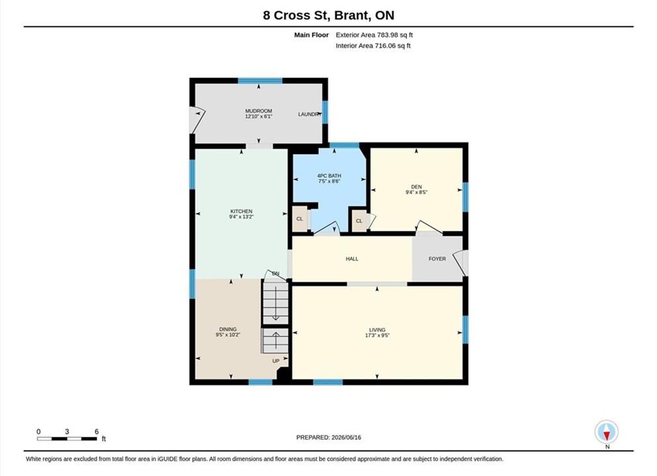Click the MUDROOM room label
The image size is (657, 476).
point(259,111)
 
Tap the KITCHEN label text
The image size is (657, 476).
point(241,212)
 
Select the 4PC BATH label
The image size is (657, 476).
point(329,176)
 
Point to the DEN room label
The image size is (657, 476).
point(416,186)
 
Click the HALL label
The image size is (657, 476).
point(352,258)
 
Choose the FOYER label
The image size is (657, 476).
point(437,258)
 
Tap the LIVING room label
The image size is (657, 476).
point(377,330)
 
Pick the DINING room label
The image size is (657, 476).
point(228,329)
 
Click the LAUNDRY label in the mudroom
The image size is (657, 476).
point(310,114)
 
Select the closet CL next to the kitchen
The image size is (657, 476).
point(300,219)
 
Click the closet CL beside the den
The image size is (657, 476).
point(359,221)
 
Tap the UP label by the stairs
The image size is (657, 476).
point(276,361)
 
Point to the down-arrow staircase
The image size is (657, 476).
point(275,302)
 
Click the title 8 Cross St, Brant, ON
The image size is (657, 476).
point(328,15)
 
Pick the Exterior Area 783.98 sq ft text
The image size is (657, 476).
point(374,35)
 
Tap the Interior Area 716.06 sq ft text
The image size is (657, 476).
point(373,46)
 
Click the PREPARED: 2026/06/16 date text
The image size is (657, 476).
point(328,438)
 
